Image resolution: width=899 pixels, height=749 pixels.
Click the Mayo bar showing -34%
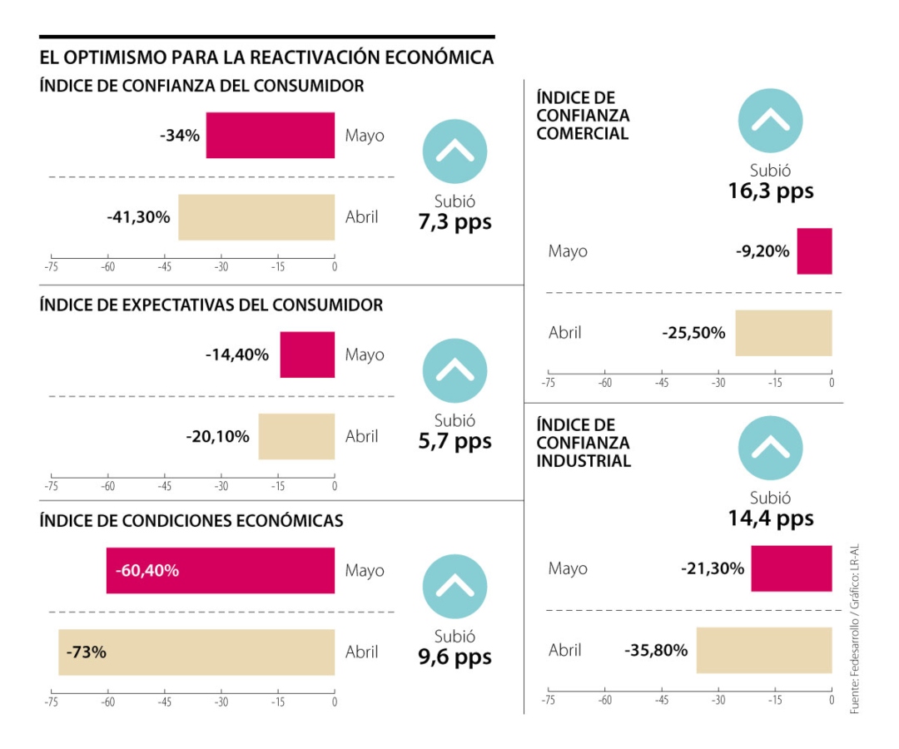(x=271, y=135)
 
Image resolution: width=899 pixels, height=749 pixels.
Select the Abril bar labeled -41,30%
(x=256, y=217)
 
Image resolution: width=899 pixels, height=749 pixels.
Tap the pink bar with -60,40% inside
(x=221, y=571)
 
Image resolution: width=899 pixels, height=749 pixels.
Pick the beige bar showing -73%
(x=196, y=652)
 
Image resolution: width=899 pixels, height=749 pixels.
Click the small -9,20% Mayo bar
(x=814, y=250)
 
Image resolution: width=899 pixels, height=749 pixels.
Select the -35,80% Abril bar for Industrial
(x=764, y=650)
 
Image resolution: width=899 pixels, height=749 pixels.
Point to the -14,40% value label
(x=237, y=355)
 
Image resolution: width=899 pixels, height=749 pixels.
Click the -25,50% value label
(x=693, y=333)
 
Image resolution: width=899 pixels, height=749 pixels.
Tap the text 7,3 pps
(x=454, y=222)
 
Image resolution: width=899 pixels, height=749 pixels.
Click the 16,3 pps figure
(x=770, y=191)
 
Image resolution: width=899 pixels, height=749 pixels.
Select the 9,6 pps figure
(x=454, y=657)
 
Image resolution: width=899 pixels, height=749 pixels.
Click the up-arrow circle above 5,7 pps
(x=454, y=371)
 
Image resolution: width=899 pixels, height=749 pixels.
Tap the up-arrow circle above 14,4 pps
(x=770, y=448)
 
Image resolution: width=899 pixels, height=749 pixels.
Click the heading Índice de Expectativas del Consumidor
(x=211, y=305)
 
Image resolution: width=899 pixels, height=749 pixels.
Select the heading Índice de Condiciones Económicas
(x=191, y=521)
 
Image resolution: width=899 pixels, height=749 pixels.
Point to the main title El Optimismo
(x=266, y=57)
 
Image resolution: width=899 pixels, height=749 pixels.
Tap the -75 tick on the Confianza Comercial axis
(x=548, y=384)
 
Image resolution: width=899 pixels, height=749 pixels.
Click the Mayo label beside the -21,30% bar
(x=568, y=568)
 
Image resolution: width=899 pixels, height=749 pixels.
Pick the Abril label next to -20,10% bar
(x=362, y=436)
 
